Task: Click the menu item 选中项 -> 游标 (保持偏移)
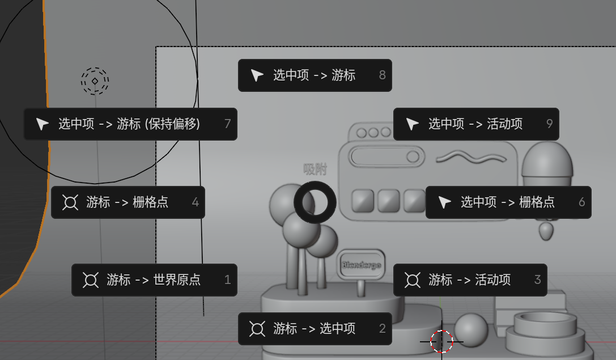[x=130, y=124]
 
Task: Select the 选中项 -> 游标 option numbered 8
[x=315, y=75]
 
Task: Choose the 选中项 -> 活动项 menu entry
[x=475, y=124]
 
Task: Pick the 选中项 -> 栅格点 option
[x=508, y=202]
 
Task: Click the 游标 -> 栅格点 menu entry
[x=128, y=202]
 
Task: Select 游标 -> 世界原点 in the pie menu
[x=154, y=280]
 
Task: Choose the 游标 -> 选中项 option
[x=315, y=329]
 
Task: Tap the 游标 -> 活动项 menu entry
[x=470, y=280]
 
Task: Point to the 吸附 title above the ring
[x=315, y=169]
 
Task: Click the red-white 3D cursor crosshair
[x=441, y=342]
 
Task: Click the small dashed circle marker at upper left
[x=95, y=81]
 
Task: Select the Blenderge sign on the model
[x=360, y=265]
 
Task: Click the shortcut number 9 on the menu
[x=549, y=124]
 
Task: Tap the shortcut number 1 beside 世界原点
[x=228, y=280]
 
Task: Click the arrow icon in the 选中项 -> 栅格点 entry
[x=445, y=202]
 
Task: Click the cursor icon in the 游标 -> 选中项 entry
[x=257, y=329]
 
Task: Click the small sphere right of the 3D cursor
[x=471, y=330]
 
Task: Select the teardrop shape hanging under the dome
[x=546, y=231]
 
